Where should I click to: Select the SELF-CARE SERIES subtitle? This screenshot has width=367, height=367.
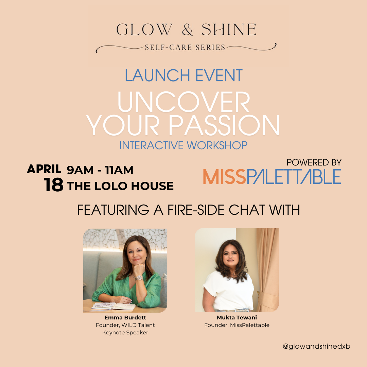pyautogui.click(x=185, y=47)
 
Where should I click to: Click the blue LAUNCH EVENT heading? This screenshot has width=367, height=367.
pyautogui.click(x=183, y=75)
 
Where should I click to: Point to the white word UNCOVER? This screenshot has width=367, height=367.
pyautogui.click(x=183, y=102)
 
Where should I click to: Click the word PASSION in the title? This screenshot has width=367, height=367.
pyautogui.click(x=224, y=125)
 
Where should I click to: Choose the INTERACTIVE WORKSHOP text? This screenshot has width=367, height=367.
pyautogui.click(x=183, y=145)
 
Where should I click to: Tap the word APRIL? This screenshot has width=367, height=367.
pyautogui.click(x=44, y=169)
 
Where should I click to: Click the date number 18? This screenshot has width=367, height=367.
pyautogui.click(x=53, y=185)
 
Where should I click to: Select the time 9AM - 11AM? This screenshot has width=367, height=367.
pyautogui.click(x=100, y=170)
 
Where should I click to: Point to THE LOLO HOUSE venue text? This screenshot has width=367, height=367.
pyautogui.click(x=120, y=186)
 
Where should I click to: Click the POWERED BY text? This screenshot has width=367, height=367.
pyautogui.click(x=314, y=162)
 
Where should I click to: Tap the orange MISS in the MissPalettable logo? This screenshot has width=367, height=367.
pyautogui.click(x=225, y=177)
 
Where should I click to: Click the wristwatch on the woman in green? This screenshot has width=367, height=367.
pyautogui.click(x=139, y=277)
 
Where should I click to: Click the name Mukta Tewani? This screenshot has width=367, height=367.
pyautogui.click(x=237, y=318)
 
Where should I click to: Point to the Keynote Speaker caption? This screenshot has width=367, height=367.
pyautogui.click(x=125, y=333)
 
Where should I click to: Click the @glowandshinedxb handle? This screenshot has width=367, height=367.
pyautogui.click(x=316, y=346)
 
